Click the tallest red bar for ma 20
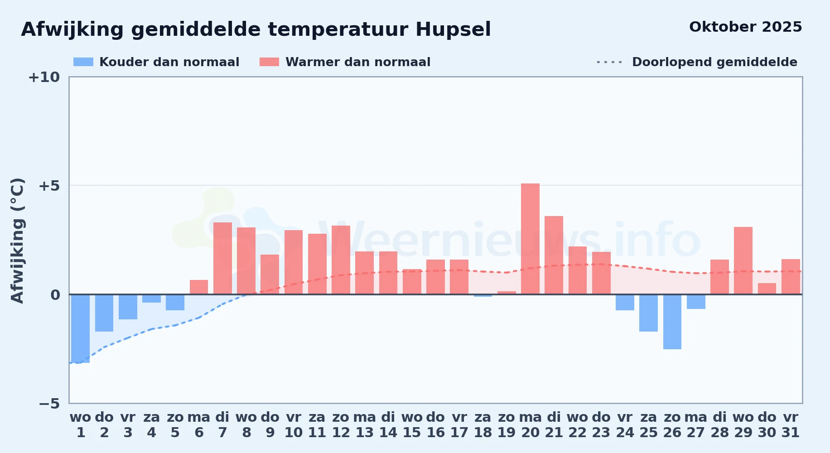[x=530, y=239]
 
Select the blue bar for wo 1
[x=81, y=328]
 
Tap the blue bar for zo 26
[x=672, y=322]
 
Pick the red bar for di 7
[x=222, y=258]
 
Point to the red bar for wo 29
[x=743, y=260]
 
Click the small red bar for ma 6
[x=199, y=287]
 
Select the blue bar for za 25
[x=648, y=313]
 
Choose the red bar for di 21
[x=554, y=255]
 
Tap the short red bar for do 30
[x=767, y=289]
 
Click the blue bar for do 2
[x=104, y=313]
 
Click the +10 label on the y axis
[x=44, y=77]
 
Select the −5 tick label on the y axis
[x=49, y=403]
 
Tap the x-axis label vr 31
[x=791, y=424]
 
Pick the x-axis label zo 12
[x=341, y=424]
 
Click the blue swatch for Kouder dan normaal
[x=83, y=62]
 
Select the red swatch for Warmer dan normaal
[x=269, y=62]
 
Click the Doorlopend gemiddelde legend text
[x=714, y=62]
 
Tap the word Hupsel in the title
[x=453, y=30]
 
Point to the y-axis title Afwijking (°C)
[x=17, y=241]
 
